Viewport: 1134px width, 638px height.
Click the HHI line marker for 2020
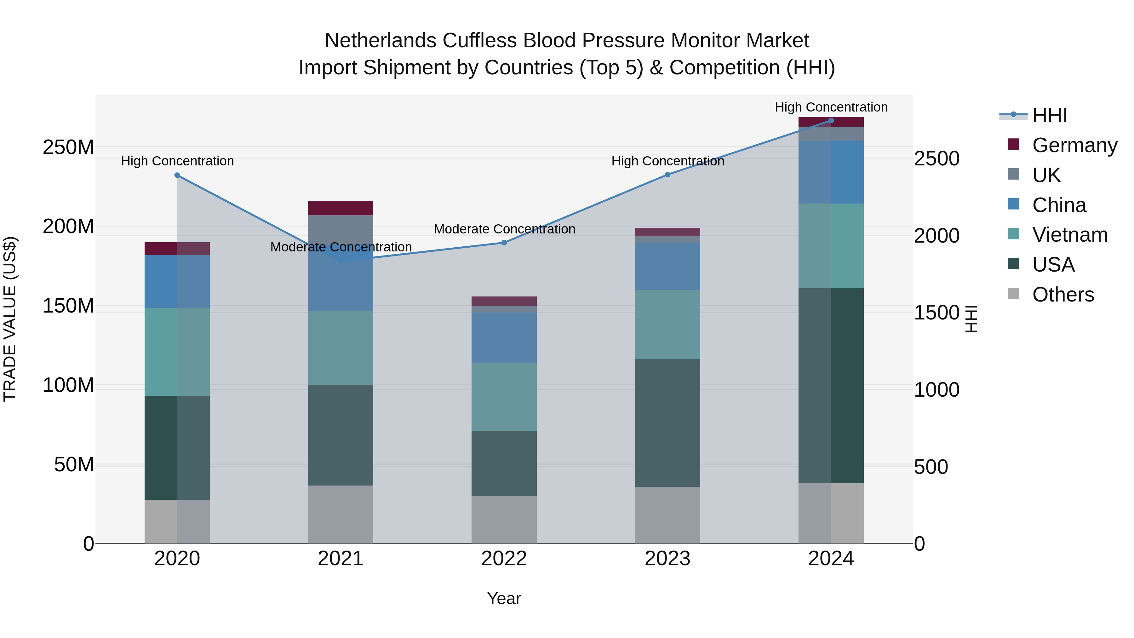click(177, 175)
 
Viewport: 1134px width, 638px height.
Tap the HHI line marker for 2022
click(505, 243)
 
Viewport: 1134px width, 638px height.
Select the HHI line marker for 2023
click(667, 175)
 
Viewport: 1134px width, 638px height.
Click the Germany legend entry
click(1074, 145)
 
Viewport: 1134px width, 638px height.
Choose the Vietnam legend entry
click(1069, 235)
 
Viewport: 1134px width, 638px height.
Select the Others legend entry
click(1063, 295)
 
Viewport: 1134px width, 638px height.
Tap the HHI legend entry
click(1050, 115)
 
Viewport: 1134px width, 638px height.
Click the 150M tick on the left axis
click(68, 306)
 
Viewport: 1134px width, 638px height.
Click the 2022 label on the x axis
click(504, 559)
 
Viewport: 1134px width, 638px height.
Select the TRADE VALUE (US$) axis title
click(10, 319)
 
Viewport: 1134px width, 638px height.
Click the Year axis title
click(504, 598)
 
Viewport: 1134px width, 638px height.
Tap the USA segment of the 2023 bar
click(667, 423)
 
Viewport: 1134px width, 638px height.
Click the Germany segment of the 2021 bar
click(341, 208)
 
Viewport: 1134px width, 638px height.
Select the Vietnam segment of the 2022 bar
click(504, 397)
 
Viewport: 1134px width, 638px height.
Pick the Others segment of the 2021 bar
click(341, 514)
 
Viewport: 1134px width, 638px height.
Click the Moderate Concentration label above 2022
click(505, 229)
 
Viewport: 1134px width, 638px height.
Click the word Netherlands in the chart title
click(381, 41)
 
